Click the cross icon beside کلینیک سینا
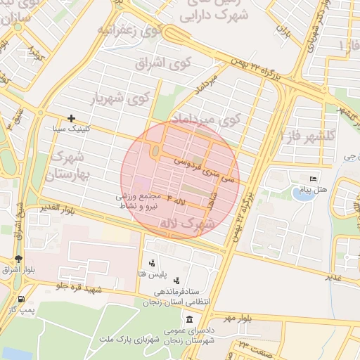click(71, 118)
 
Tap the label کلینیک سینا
click(70, 130)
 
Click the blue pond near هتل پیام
click(303, 193)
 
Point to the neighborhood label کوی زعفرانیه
click(130, 30)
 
